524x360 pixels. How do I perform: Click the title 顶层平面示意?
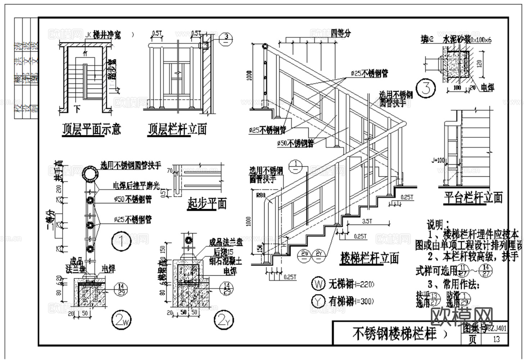pos(91,129)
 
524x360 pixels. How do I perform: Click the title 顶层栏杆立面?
pos(177,129)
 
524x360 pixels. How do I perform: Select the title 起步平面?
pos(207,204)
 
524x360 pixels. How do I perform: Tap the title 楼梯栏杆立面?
pos(370,258)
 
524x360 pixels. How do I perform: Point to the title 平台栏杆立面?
pos(473,197)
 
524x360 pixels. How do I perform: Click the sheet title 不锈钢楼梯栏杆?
pos(394,334)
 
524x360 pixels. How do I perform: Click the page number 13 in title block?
pos(496,339)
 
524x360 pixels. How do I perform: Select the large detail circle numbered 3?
pos(426,88)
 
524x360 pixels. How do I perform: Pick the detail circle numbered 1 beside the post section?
pos(121,242)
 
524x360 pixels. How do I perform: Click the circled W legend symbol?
pos(319,284)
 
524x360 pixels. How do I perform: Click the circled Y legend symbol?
pos(319,301)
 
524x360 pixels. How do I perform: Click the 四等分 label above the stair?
pos(340,33)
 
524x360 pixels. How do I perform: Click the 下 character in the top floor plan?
pos(77,108)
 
